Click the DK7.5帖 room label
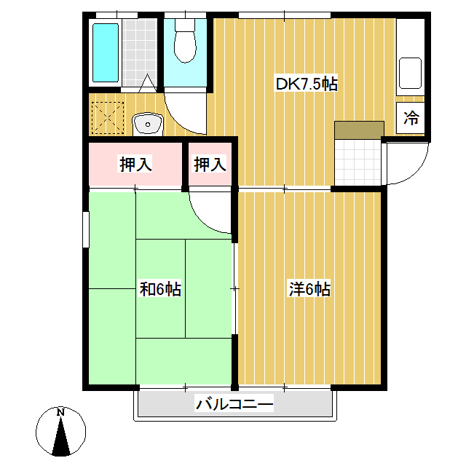point(307,84)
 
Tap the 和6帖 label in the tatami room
point(160,288)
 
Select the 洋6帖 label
point(309,288)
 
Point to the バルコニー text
point(234,404)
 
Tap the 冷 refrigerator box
point(411,118)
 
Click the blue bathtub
point(106,52)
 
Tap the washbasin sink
point(148,124)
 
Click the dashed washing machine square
point(108,118)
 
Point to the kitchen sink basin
point(410,73)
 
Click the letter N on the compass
point(60,412)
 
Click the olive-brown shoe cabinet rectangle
point(359,130)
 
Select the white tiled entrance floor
point(358,162)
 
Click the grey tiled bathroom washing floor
point(139,52)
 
